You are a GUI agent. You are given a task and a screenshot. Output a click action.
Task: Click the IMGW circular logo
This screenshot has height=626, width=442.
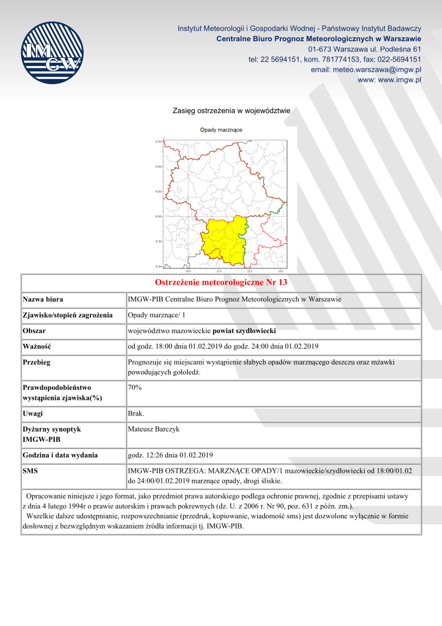[x=52, y=52]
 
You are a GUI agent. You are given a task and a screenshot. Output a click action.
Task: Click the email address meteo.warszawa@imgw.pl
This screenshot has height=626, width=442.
[x=366, y=70]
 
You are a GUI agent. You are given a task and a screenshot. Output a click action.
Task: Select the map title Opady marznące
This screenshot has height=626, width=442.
[x=221, y=130]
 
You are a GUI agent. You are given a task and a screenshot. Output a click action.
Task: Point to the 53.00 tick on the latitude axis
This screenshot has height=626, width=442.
[x=158, y=167]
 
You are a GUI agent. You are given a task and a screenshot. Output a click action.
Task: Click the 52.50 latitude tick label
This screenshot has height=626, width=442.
[x=158, y=191]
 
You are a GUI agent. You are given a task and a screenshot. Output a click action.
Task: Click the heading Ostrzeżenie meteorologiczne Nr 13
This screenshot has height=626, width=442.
[x=221, y=282]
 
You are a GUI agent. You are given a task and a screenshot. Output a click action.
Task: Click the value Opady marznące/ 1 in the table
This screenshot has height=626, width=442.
[x=155, y=315]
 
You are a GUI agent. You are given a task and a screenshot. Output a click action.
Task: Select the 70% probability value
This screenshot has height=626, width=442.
[x=135, y=387]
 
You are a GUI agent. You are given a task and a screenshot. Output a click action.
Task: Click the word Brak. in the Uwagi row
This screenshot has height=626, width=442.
[x=136, y=413]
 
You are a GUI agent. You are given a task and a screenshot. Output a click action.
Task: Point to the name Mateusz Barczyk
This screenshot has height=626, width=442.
[x=153, y=429]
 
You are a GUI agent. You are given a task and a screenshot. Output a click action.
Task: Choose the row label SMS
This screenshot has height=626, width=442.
[x=30, y=471]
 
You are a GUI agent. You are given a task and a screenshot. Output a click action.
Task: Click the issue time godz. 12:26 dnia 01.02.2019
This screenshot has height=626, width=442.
[x=171, y=456]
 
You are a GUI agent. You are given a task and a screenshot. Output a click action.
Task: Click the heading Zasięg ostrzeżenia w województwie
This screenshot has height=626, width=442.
[x=231, y=111]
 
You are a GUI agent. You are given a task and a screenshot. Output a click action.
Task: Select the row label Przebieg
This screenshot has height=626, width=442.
[x=37, y=363]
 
